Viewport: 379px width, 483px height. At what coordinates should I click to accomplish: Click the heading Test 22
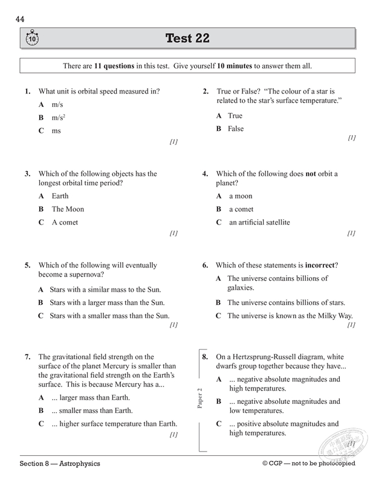pyautogui.click(x=187, y=39)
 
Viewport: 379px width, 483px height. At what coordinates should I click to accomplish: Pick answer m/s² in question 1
pyautogui.click(x=58, y=117)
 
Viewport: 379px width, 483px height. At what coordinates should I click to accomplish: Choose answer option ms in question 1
pyautogui.click(x=56, y=130)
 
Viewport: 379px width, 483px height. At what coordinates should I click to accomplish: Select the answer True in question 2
pyautogui.click(x=235, y=115)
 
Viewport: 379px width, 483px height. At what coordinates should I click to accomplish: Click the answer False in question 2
pyautogui.click(x=236, y=129)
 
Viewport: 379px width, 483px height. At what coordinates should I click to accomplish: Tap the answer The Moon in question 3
pyautogui.click(x=68, y=209)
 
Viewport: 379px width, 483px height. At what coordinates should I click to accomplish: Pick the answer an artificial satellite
pyautogui.click(x=259, y=222)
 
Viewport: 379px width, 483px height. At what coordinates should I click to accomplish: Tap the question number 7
pyautogui.click(x=28, y=357)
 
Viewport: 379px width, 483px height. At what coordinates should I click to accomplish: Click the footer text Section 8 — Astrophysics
pyautogui.click(x=60, y=464)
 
